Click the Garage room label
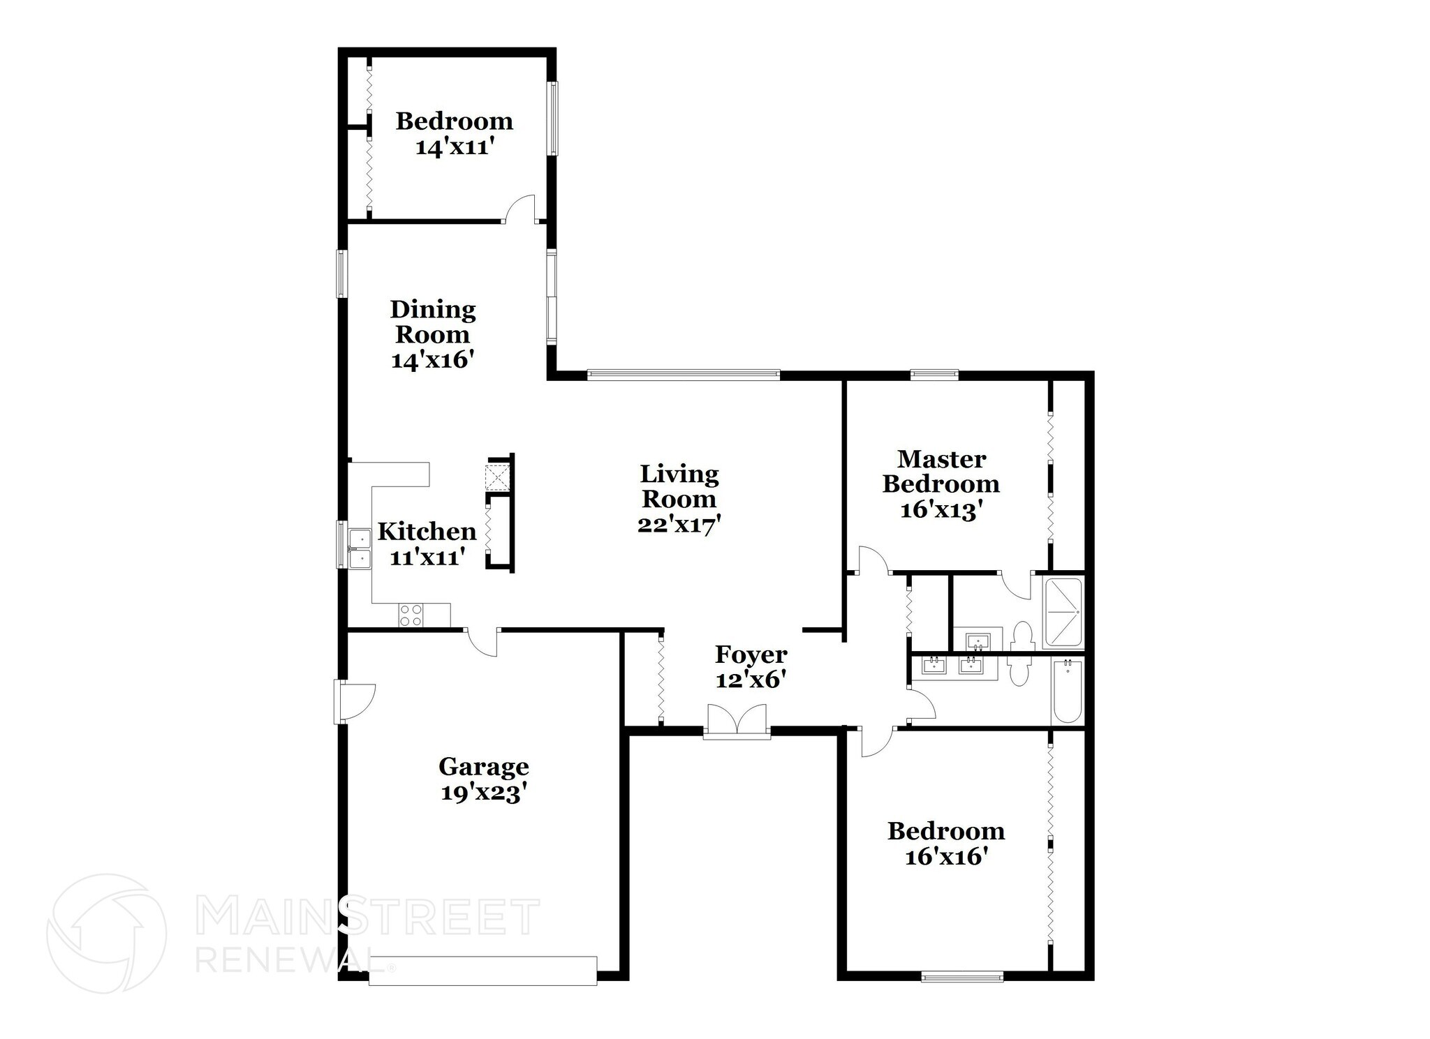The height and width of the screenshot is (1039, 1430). point(483,767)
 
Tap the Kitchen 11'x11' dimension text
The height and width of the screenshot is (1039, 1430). point(427,558)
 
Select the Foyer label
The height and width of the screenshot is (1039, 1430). point(751,655)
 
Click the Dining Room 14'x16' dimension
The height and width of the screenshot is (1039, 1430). point(433,360)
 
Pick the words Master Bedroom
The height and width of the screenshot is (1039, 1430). point(941,472)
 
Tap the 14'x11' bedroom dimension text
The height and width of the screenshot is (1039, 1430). point(454,147)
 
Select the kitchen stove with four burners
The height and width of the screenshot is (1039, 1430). point(411,615)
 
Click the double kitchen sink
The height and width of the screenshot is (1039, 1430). point(360,548)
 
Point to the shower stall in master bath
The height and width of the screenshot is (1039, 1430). point(1063,612)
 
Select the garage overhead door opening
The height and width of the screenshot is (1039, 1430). point(482,971)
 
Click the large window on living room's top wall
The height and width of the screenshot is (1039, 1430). point(683,375)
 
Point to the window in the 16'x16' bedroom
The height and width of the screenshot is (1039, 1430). point(962,976)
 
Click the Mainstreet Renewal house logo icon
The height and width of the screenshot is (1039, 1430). point(106,933)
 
